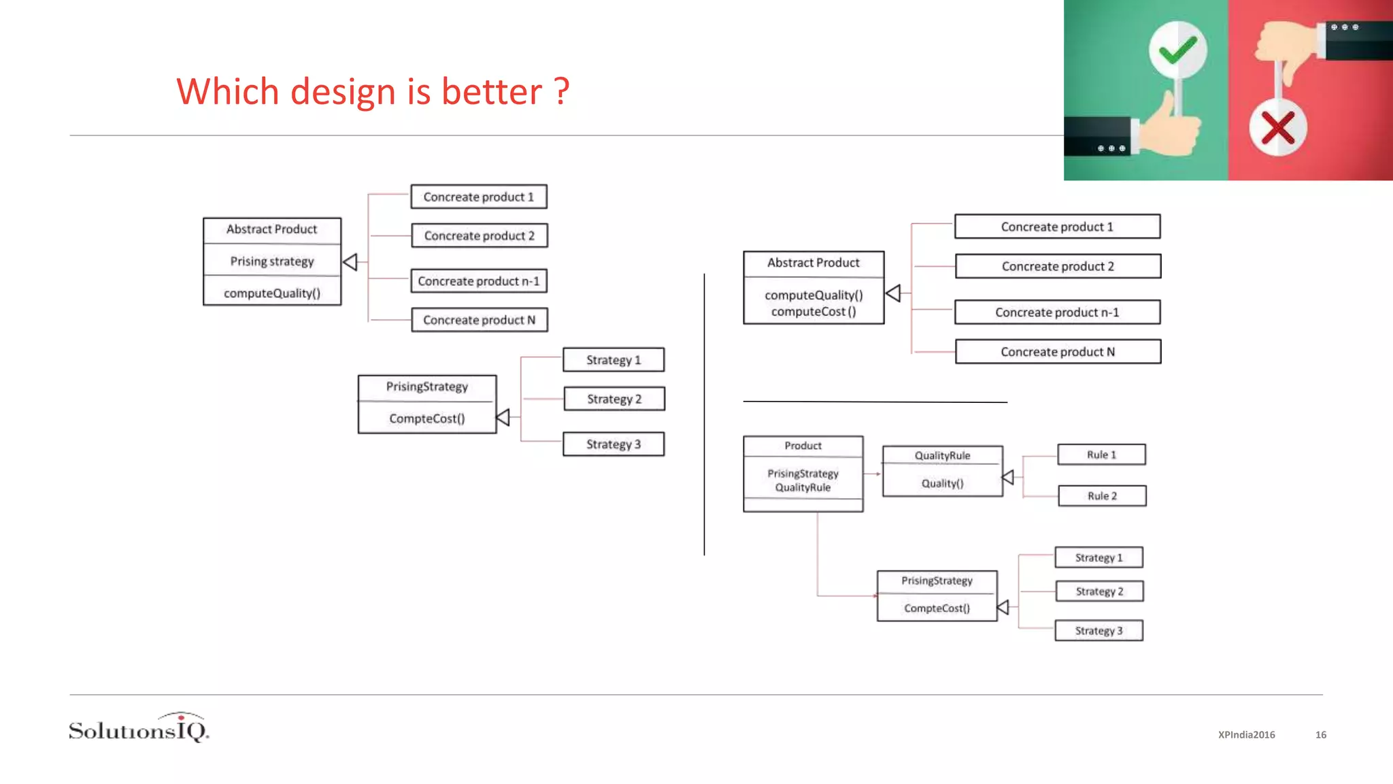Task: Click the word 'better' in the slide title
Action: coord(492,91)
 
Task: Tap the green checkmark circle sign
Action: coord(1177,50)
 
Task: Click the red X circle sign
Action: coord(1277,128)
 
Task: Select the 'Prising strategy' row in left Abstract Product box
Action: coord(272,261)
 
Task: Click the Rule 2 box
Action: coord(1102,496)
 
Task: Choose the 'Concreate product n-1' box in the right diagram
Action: coord(1057,312)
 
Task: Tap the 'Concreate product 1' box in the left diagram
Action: coord(478,197)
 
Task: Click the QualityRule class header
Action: coord(942,455)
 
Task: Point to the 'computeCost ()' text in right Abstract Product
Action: coord(813,312)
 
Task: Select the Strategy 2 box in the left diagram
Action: coord(614,399)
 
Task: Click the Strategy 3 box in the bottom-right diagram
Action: coord(1098,631)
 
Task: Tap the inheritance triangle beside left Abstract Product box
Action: coord(350,262)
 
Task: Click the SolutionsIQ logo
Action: coord(139,728)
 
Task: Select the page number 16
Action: coord(1321,735)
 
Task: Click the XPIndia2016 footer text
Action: coord(1246,735)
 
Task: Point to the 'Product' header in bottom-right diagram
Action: coord(803,446)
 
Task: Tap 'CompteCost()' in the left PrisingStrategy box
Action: coord(427,419)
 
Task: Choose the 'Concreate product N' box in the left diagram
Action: coord(479,320)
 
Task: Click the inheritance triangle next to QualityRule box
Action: coord(1008,478)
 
